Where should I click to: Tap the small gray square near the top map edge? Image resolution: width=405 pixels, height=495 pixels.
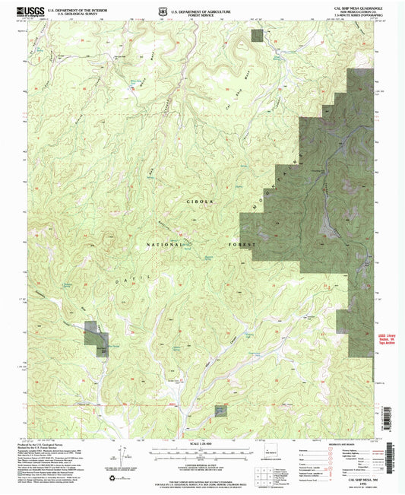point(258,34)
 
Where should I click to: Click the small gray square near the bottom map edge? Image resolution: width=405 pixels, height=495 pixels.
point(220,410)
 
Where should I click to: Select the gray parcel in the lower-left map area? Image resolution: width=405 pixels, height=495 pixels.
point(95,338)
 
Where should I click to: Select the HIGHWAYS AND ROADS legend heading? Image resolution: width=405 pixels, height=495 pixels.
point(334,444)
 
